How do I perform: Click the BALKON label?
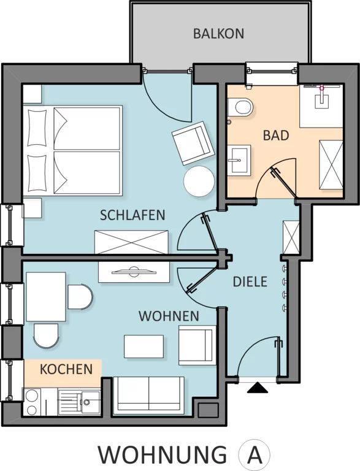coord(218,34)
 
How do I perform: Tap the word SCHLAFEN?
coord(132,215)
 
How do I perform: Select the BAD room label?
coord(276,136)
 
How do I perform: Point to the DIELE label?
coord(250,281)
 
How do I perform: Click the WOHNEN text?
coord(169,316)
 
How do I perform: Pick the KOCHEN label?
coord(66,369)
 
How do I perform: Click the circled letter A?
coord(255,456)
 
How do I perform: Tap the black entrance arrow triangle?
coord(257,387)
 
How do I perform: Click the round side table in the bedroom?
coord(199,182)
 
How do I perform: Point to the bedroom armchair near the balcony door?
coord(193,142)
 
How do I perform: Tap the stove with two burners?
coord(32,402)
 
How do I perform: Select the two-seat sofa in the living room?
coord(150,394)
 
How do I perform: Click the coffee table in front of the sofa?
coord(144,347)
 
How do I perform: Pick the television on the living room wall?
coord(134,272)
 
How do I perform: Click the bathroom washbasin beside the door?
coord(239,160)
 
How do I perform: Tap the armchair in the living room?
coord(197,345)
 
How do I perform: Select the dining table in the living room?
coord(46,297)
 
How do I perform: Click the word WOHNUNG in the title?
coord(163,456)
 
